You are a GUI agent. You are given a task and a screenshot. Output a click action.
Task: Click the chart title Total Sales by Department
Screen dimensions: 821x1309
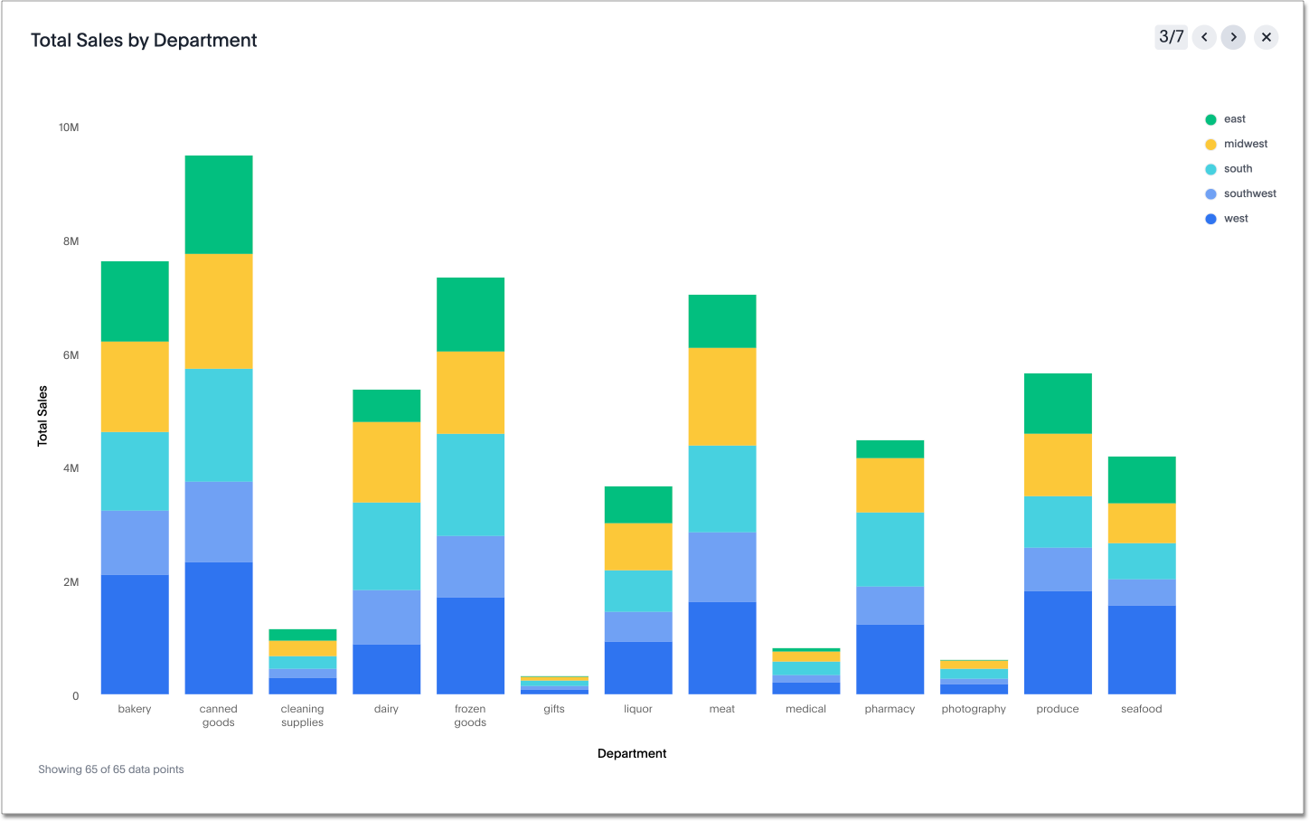click(144, 41)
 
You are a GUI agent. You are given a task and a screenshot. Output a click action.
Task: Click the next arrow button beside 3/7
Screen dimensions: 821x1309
click(1233, 37)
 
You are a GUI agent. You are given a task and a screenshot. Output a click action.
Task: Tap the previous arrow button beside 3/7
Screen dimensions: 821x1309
click(1204, 37)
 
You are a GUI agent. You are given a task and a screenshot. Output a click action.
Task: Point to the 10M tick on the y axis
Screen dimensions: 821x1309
click(69, 127)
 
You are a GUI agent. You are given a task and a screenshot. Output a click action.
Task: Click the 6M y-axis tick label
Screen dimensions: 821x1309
click(71, 355)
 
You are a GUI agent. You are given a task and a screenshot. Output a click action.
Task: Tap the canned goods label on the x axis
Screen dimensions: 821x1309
click(219, 715)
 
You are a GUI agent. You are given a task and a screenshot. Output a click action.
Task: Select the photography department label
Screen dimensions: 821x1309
click(974, 709)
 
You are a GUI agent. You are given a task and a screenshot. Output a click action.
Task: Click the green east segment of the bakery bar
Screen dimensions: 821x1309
click(135, 301)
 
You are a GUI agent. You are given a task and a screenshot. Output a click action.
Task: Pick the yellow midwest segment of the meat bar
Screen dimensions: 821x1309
click(722, 396)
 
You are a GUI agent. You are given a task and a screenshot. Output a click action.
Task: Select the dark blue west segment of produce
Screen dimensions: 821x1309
click(1058, 642)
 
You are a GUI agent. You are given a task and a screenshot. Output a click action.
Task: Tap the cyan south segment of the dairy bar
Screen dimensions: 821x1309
click(386, 546)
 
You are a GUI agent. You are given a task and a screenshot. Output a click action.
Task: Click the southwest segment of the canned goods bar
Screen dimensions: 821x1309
click(219, 522)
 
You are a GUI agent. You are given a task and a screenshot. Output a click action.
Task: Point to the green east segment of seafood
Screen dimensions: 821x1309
click(1142, 479)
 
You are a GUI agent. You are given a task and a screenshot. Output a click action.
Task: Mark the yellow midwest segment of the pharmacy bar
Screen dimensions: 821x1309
click(890, 486)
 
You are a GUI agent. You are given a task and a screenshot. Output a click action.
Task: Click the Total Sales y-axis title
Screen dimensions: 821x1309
click(42, 416)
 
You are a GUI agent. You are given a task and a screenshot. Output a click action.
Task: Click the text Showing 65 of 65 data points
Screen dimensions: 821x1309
click(111, 769)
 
